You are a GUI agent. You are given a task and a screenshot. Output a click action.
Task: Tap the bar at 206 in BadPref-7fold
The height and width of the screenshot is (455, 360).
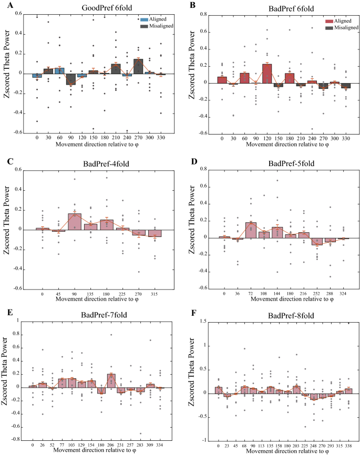[111, 380]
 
